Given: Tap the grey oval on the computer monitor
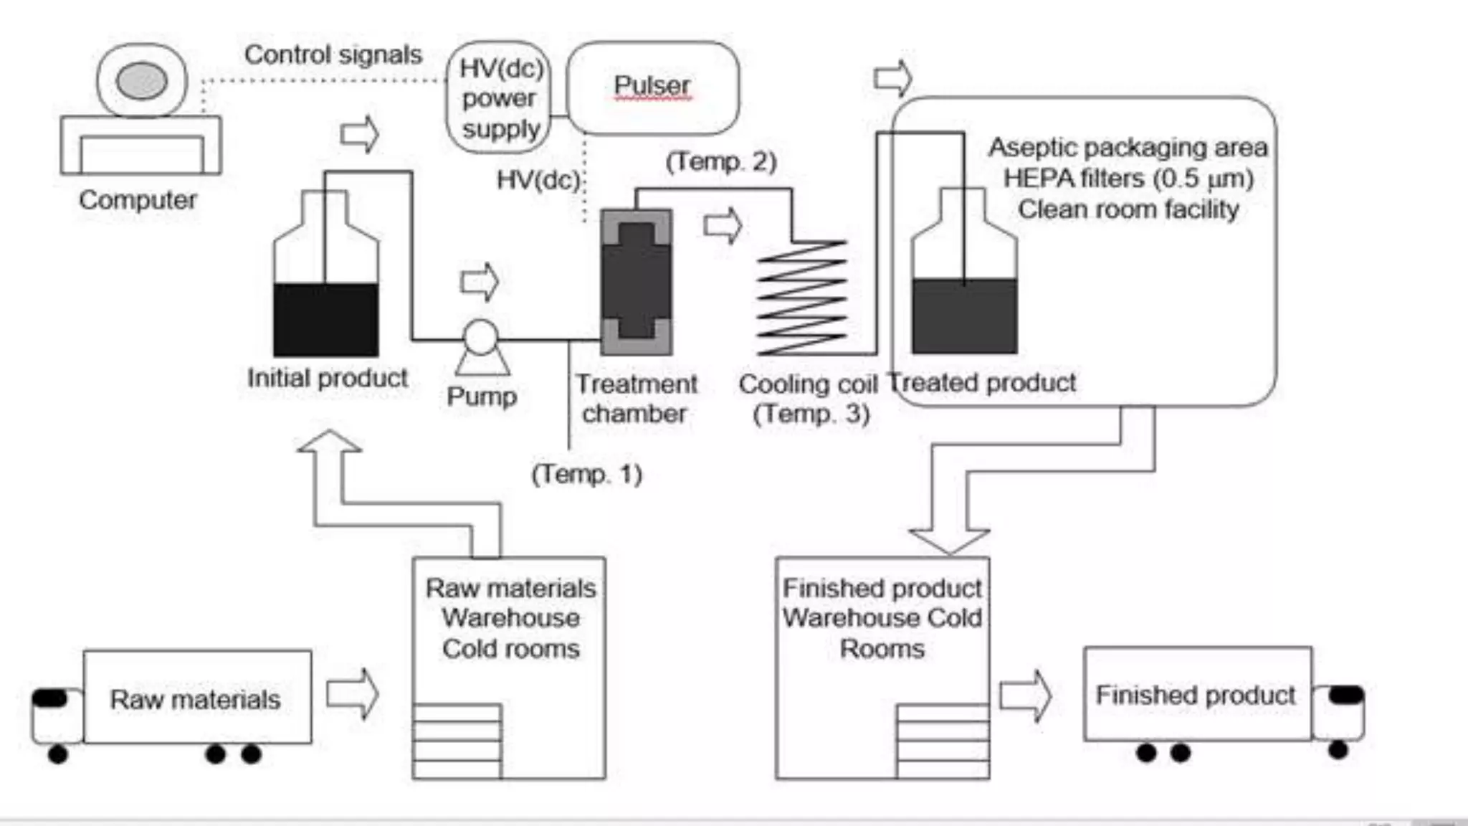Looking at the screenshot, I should (142, 80).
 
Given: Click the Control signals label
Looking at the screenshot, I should (333, 55).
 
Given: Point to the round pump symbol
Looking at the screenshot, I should (480, 337).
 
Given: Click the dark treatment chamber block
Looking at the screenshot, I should (636, 282).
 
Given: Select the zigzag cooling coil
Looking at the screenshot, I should (802, 298).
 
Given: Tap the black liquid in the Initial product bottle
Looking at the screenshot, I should (326, 319).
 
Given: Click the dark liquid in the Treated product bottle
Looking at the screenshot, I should (964, 316).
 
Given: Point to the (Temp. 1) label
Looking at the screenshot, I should (586, 474).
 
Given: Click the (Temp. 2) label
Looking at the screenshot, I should (720, 161).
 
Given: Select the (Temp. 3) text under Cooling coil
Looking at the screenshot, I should (811, 414).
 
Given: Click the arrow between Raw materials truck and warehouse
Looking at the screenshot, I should (352, 693).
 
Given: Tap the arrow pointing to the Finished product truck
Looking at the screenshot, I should (1025, 695).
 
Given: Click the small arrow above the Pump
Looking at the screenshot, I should (480, 282).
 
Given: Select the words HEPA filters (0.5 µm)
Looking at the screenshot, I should (1128, 178).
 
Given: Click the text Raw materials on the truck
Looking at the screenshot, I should (195, 699).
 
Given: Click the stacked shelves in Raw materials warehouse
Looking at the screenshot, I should (457, 741).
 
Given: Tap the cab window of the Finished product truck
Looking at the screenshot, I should (1345, 694).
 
